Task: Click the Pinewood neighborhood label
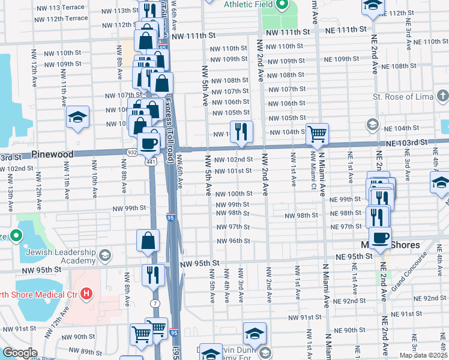[53, 154]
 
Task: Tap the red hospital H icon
[87, 293]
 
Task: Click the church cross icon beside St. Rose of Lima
[442, 96]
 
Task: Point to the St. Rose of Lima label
[402, 97]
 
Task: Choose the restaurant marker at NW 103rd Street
[241, 131]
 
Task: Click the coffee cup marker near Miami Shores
[379, 237]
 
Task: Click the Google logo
[20, 353]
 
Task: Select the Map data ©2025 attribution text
[423, 355]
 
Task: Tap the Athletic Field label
[249, 4]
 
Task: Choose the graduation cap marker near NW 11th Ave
[77, 116]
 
